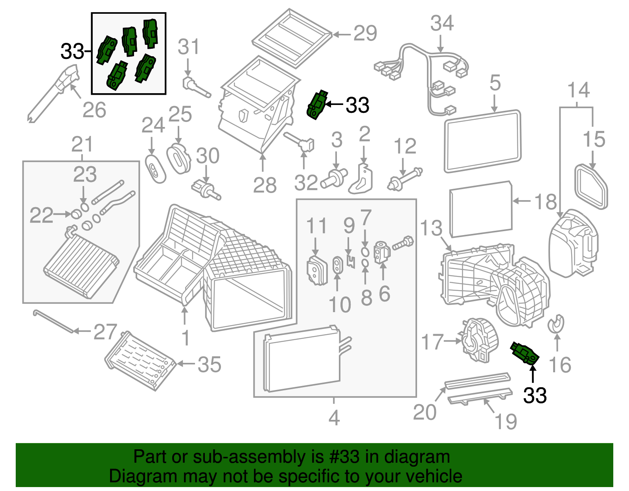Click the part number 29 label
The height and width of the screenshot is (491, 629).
point(365,34)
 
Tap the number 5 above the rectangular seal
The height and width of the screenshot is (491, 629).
point(495,83)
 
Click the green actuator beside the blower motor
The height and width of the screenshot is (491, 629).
point(524,353)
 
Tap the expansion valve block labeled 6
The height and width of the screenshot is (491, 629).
point(381,251)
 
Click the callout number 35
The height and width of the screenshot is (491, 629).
point(209,365)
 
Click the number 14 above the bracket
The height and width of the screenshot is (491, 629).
point(578,90)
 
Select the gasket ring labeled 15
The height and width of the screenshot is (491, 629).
point(591,186)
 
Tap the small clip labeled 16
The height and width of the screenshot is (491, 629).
point(556,324)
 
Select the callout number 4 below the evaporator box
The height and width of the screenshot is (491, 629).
point(334,418)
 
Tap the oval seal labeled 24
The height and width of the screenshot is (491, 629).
point(155,169)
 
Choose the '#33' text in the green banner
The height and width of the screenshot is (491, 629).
point(342,457)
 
